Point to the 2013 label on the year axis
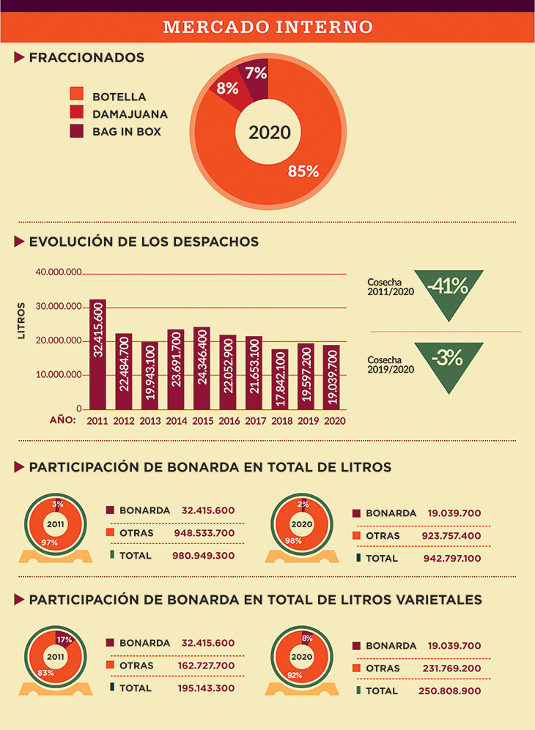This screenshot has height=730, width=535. pos(150,421)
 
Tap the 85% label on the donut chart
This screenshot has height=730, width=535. pos(303,171)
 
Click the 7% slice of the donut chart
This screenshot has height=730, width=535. pos(257,75)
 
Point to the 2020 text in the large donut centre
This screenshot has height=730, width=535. pos(270,133)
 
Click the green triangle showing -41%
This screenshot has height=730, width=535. pos(448,290)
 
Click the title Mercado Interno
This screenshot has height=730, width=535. pos(267,27)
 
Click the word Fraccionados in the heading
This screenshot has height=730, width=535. pos(86,57)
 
